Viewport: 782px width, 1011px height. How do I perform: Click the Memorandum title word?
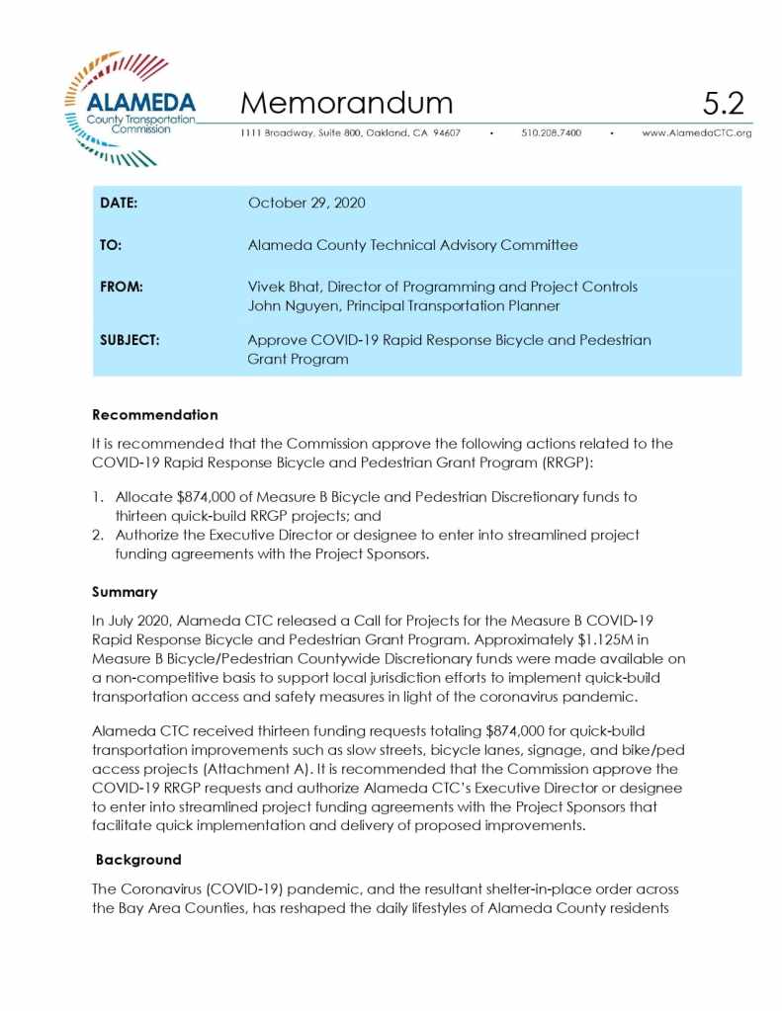[x=346, y=103]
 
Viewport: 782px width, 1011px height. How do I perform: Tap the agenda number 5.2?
[x=723, y=103]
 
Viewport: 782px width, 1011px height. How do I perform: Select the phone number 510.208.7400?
[x=551, y=132]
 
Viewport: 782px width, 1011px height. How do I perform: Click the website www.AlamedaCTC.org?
[x=696, y=132]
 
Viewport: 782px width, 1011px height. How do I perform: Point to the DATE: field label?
[x=119, y=203]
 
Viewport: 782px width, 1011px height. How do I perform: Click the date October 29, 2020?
[x=306, y=203]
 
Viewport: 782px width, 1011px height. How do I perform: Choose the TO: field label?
[x=111, y=245]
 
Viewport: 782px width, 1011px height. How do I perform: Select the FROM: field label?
[x=122, y=287]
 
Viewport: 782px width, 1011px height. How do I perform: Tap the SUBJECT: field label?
[x=130, y=340]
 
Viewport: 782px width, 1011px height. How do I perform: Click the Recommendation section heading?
[x=154, y=414]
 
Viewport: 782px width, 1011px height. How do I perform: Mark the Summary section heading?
[x=125, y=591]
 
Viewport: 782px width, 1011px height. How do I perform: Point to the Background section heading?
[x=138, y=860]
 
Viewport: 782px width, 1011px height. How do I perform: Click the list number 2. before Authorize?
[x=99, y=535]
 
